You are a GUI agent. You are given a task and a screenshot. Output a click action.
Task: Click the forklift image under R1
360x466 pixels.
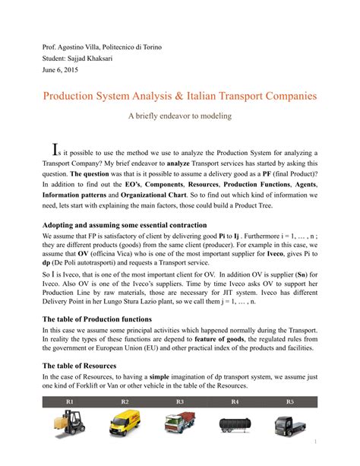pos(70,423)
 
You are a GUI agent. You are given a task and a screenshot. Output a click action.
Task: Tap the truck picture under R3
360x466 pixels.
pos(180,423)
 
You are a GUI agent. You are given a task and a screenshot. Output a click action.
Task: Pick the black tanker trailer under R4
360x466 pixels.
pos(235,424)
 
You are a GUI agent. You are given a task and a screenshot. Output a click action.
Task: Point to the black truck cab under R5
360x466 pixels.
pos(289,423)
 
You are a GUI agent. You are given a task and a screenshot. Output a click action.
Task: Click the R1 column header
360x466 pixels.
pos(70,401)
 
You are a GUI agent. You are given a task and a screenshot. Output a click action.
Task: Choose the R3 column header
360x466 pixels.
pos(180,401)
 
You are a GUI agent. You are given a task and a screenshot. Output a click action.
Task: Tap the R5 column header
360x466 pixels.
pos(289,401)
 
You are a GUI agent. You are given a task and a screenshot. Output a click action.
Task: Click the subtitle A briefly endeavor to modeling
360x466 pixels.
pos(179,116)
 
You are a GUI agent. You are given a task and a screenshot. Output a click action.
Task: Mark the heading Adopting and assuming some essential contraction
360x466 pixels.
pos(125,225)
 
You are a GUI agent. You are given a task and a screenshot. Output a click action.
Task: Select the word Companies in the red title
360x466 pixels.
pos(283,97)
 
